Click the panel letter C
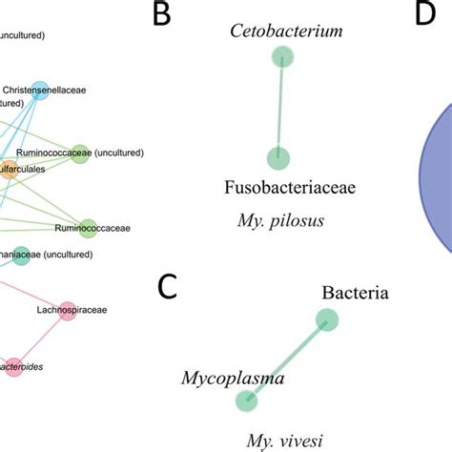point(168,287)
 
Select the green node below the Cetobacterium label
point(280,58)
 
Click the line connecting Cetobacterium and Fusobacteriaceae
point(279,108)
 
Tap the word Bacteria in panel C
point(355,293)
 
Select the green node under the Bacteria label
point(327,321)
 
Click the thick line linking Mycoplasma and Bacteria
point(287,362)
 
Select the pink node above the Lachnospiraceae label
point(68,313)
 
